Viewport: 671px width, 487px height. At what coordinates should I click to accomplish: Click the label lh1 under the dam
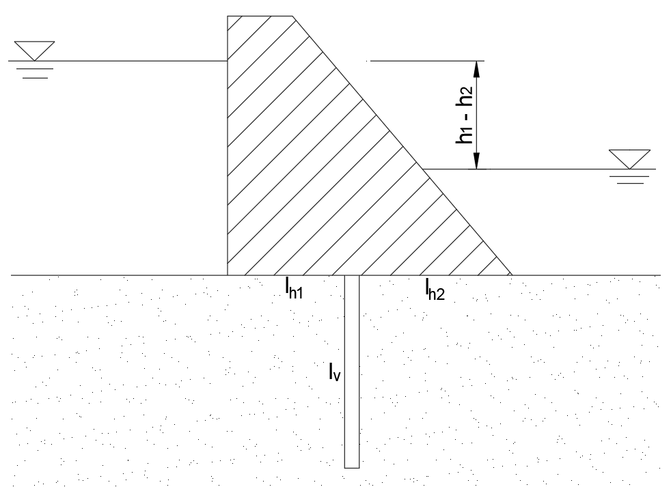(294, 288)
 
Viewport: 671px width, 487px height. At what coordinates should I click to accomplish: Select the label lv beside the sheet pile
(335, 371)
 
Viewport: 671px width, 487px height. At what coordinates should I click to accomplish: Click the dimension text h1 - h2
(465, 115)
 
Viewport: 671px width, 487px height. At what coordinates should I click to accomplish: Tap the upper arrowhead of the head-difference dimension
(477, 68)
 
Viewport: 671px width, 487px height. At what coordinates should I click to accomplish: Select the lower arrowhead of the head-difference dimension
(477, 161)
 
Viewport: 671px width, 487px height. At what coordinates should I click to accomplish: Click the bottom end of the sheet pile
(352, 468)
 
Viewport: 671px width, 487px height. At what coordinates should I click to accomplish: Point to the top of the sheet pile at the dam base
(352, 275)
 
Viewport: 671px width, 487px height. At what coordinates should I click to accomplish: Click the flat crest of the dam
(260, 16)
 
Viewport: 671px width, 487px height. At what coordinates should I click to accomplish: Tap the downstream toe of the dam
(512, 275)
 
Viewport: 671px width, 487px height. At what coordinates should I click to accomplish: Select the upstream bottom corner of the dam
(228, 275)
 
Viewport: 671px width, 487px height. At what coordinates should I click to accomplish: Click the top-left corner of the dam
(228, 16)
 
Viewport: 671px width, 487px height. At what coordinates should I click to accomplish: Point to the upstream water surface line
(118, 61)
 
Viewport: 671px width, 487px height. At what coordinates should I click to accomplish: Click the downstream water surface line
(539, 169)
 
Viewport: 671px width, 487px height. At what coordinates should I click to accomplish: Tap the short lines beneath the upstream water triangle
(35, 73)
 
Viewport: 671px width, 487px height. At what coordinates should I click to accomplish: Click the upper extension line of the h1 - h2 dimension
(427, 61)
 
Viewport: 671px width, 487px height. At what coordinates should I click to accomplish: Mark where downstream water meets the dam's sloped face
(423, 169)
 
